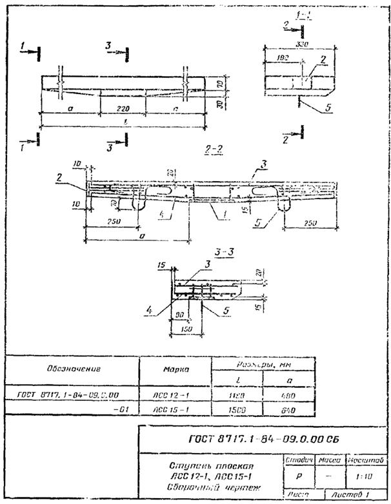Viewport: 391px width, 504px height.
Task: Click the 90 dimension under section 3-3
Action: (x=179, y=315)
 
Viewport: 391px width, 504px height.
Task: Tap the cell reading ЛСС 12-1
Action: (x=172, y=393)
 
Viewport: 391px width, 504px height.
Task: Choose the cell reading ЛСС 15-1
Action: (x=172, y=409)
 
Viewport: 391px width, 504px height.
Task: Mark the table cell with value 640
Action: (x=289, y=409)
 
